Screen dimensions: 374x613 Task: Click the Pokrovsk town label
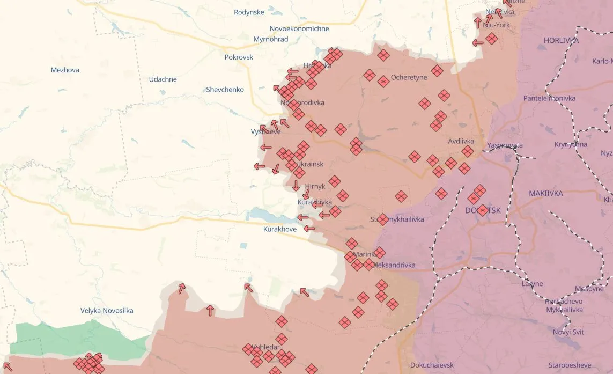pyautogui.click(x=239, y=57)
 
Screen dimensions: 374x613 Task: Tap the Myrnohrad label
pyautogui.click(x=270, y=39)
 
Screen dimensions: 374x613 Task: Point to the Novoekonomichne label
pyautogui.click(x=299, y=28)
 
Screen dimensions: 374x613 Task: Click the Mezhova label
pyautogui.click(x=65, y=70)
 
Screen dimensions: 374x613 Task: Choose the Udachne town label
pyautogui.click(x=163, y=79)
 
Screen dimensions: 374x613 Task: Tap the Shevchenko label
pyautogui.click(x=225, y=90)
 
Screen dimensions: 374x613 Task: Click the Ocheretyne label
pyautogui.click(x=409, y=77)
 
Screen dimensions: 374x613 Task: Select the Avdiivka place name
pyautogui.click(x=461, y=141)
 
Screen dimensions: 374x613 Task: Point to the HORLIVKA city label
pyautogui.click(x=561, y=40)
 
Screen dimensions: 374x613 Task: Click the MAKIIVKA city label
pyautogui.click(x=546, y=193)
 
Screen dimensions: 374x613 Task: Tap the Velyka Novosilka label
pyautogui.click(x=107, y=311)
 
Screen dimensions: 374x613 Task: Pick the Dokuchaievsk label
pyautogui.click(x=432, y=365)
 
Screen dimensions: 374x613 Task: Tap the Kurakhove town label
pyautogui.click(x=279, y=229)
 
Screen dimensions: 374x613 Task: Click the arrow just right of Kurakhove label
pyautogui.click(x=309, y=229)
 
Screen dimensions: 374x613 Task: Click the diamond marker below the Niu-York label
pyautogui.click(x=491, y=39)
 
